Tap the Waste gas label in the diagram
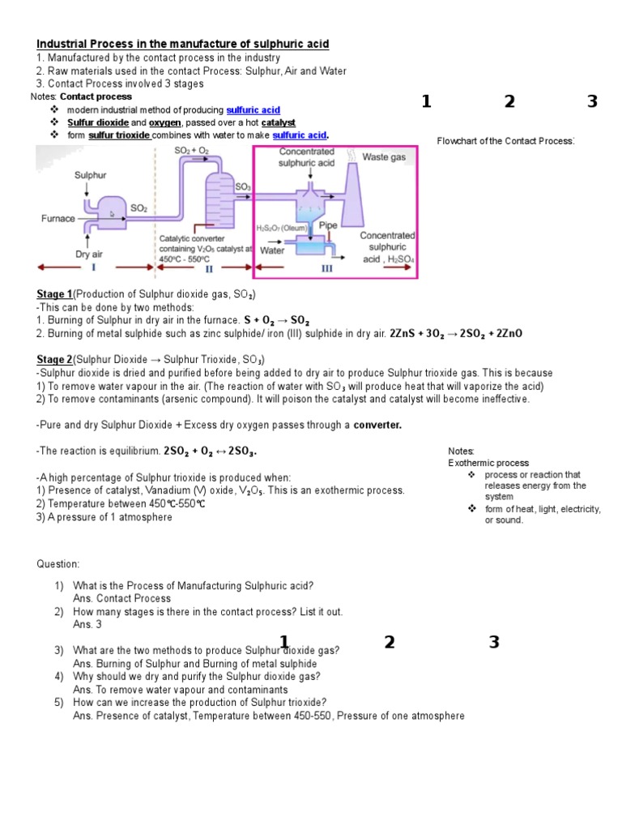point(384,157)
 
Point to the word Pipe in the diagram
point(328,225)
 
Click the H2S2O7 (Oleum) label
point(282,228)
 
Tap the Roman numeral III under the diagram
point(326,267)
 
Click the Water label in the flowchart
point(272,250)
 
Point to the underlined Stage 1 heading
point(55,294)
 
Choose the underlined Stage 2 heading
point(55,359)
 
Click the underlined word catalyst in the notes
point(278,122)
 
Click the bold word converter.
point(377,425)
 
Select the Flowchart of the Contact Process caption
point(506,141)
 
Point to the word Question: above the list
point(58,563)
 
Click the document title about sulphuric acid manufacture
point(183,44)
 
